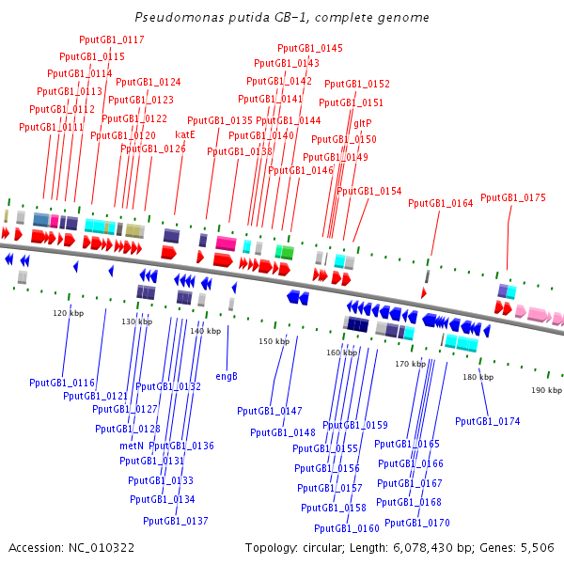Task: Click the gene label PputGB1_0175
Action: click(512, 197)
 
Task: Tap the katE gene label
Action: click(185, 134)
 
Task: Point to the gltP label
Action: click(363, 123)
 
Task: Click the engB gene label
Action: click(227, 376)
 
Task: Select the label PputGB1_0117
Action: click(112, 39)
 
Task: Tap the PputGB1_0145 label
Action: click(310, 48)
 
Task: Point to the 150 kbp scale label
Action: click(274, 341)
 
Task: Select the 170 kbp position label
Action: click(410, 364)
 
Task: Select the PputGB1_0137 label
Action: click(176, 521)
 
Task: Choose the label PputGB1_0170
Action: click(417, 523)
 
